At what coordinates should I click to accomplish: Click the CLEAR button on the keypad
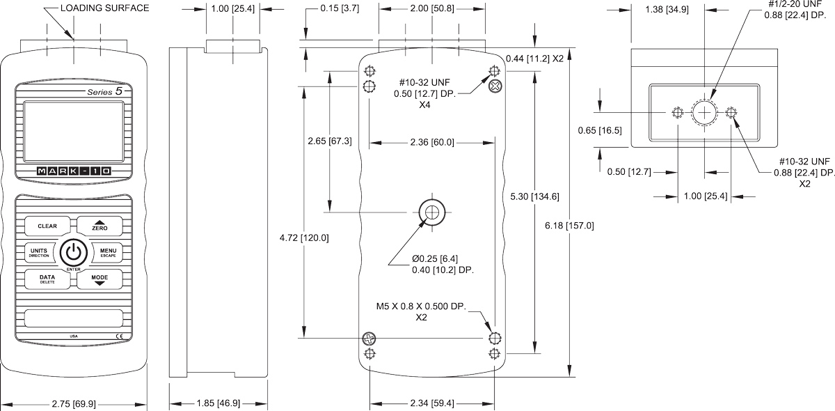pyautogui.click(x=47, y=226)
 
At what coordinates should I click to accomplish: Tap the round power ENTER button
pyautogui.click(x=74, y=252)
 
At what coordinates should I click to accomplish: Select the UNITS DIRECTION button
pyautogui.click(x=39, y=252)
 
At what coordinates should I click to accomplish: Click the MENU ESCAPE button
pyautogui.click(x=108, y=252)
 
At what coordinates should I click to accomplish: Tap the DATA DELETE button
pyautogui.click(x=47, y=279)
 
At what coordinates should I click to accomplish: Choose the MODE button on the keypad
pyautogui.click(x=100, y=279)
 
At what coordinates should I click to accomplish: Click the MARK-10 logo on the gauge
pyautogui.click(x=74, y=171)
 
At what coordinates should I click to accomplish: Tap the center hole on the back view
pyautogui.click(x=432, y=212)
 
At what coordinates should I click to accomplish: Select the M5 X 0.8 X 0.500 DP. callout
pyautogui.click(x=421, y=311)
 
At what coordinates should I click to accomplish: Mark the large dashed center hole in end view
pyautogui.click(x=704, y=113)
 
